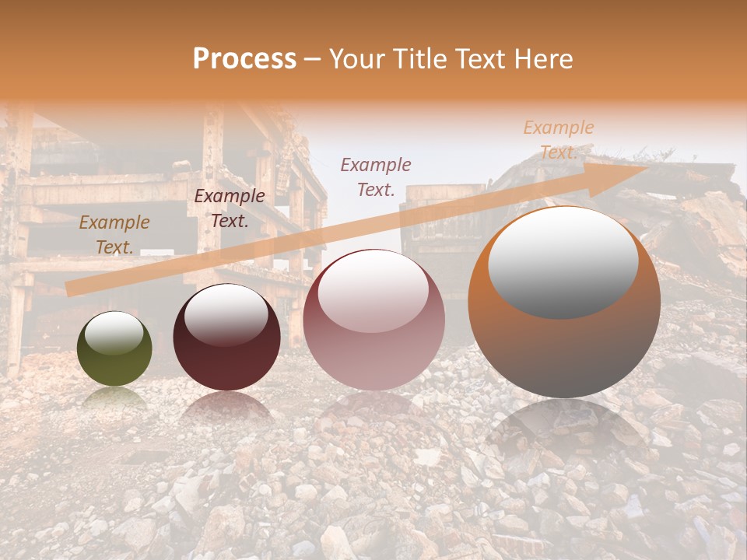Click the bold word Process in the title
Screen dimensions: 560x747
(x=244, y=58)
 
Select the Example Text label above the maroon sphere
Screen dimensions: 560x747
(x=230, y=208)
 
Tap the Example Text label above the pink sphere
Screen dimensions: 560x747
(x=376, y=177)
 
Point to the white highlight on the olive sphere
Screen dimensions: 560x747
(x=114, y=333)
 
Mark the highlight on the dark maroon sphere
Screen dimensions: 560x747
(x=226, y=314)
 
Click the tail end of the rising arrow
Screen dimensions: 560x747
(x=70, y=289)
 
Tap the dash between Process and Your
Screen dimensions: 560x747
(x=313, y=59)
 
